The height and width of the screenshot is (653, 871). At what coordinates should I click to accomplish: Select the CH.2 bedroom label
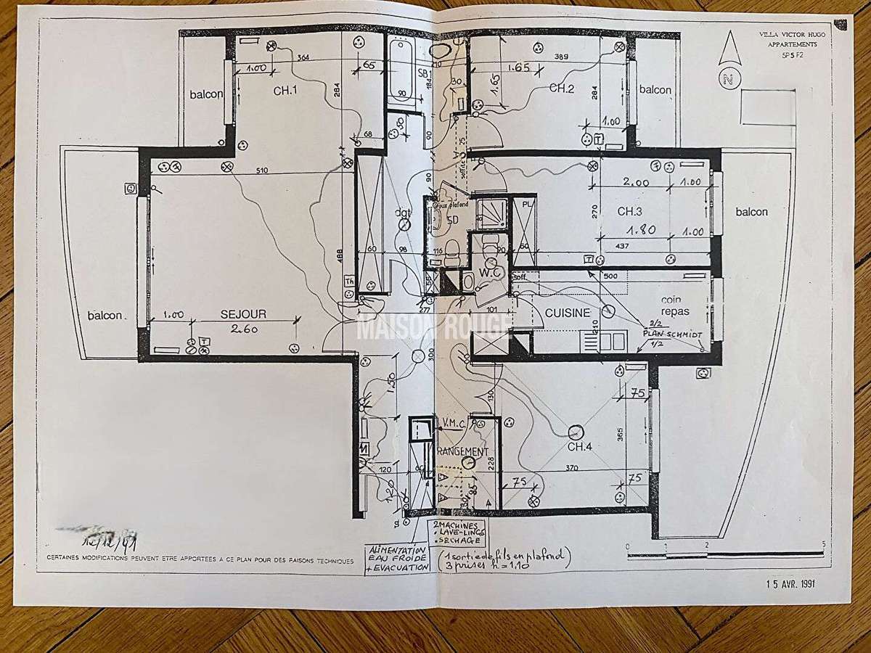coord(562,88)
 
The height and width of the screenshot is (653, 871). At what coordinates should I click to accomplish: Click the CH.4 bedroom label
coord(581,447)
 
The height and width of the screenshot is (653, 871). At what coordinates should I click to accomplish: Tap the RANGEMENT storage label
coord(463,451)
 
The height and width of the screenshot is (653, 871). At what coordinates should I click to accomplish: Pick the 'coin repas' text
coord(675,305)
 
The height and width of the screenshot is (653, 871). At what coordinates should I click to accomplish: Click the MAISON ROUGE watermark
coord(433,325)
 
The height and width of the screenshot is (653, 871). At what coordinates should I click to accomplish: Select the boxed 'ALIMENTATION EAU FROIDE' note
coord(398,559)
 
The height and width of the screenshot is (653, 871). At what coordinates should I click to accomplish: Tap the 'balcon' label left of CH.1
coord(206,94)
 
